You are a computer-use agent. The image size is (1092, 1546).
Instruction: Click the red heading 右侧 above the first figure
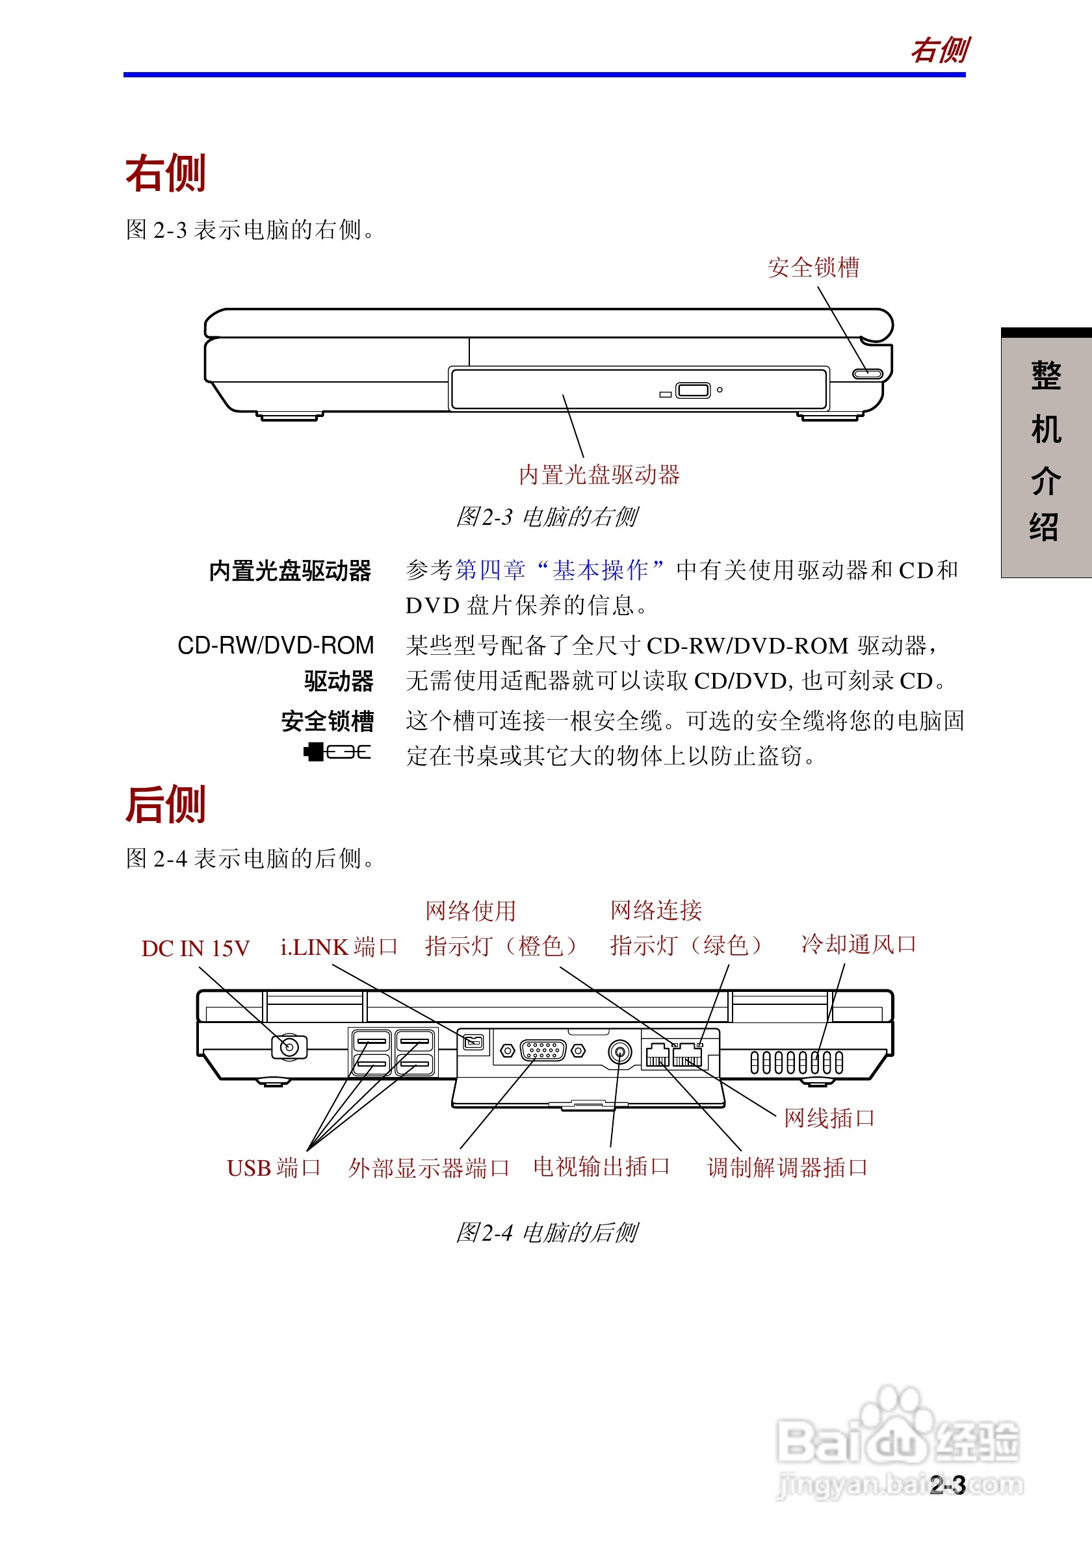(x=166, y=173)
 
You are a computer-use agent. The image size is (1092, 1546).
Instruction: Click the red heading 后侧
(x=166, y=805)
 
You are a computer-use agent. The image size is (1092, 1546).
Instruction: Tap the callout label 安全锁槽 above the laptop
(x=813, y=268)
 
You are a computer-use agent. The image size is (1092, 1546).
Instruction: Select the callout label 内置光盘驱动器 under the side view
(x=599, y=475)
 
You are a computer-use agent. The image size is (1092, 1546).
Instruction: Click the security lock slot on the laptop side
(x=867, y=374)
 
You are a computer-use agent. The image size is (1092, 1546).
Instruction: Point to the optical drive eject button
(x=692, y=390)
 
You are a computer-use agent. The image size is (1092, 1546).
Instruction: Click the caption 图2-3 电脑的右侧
(x=547, y=517)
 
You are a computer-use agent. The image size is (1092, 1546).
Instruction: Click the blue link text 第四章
(x=489, y=570)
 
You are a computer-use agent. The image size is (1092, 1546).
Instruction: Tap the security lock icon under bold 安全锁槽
(x=337, y=752)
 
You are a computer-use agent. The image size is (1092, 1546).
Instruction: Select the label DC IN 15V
(x=196, y=948)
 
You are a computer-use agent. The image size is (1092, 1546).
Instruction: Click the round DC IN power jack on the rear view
(x=289, y=1047)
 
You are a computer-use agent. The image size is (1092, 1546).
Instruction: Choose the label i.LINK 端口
(x=339, y=946)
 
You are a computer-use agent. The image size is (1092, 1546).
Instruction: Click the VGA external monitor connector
(x=543, y=1050)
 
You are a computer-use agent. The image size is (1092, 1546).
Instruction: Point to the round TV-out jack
(x=619, y=1051)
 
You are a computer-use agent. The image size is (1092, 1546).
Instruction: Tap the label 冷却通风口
(x=858, y=944)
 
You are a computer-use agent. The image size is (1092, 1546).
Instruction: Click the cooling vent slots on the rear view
(x=796, y=1063)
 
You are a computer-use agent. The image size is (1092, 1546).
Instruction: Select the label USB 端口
(x=274, y=1167)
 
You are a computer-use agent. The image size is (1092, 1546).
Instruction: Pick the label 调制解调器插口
(x=787, y=1167)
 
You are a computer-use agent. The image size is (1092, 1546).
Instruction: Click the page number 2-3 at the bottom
(x=947, y=1485)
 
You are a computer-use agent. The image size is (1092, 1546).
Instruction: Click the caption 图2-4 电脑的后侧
(x=547, y=1233)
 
